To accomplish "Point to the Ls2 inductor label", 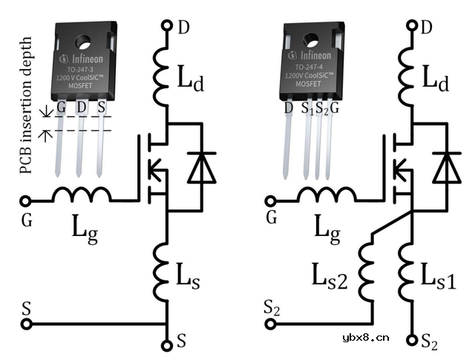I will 328,281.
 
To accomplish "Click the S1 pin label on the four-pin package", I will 306,109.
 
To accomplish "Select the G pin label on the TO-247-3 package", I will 61,108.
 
